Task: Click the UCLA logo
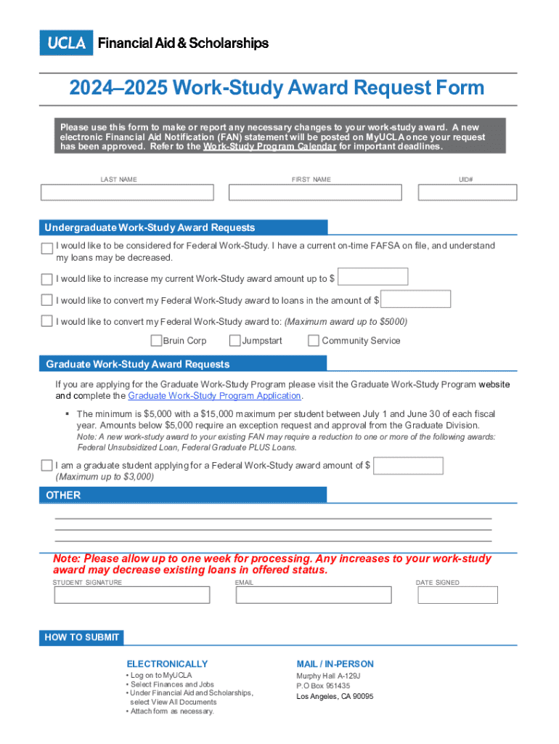(x=66, y=43)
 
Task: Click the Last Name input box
(x=127, y=193)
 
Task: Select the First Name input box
(x=315, y=193)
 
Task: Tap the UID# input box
(x=468, y=193)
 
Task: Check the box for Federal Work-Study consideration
(x=47, y=249)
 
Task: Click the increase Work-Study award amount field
(x=373, y=277)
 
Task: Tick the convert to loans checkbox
(x=47, y=300)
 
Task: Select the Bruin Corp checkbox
(x=156, y=341)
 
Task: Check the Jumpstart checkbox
(x=235, y=341)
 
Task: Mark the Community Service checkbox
(x=314, y=341)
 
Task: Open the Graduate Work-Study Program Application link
(x=214, y=396)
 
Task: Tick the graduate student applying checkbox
(x=47, y=466)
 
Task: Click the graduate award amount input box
(x=408, y=466)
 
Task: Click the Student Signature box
(x=132, y=595)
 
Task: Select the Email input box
(x=314, y=595)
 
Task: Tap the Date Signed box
(x=457, y=595)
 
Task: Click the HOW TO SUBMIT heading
(x=81, y=638)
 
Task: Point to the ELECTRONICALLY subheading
(x=167, y=664)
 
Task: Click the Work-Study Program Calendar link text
(x=269, y=147)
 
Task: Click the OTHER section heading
(x=63, y=496)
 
